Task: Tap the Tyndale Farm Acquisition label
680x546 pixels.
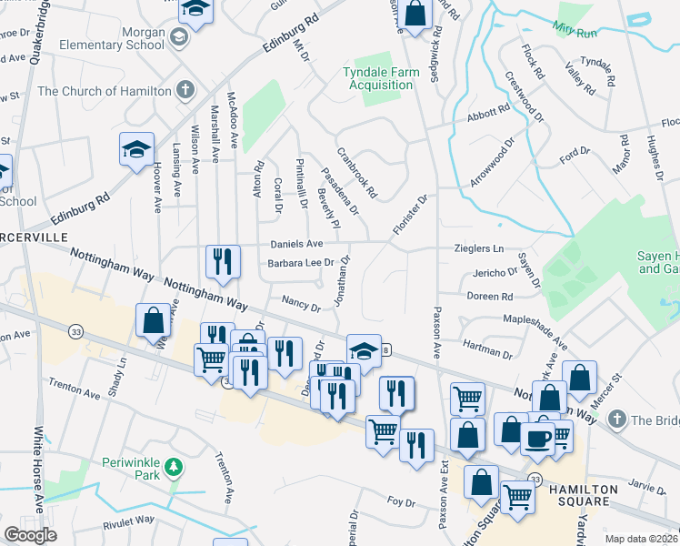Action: (x=377, y=78)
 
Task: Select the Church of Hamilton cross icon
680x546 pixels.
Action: (x=185, y=90)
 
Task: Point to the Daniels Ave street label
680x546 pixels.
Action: (x=296, y=245)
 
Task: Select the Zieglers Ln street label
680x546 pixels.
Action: (x=479, y=248)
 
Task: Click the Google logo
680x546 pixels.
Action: (x=31, y=534)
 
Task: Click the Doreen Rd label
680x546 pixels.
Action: (x=490, y=297)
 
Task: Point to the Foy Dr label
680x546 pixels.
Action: (x=401, y=501)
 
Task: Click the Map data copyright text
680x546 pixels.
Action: (x=640, y=539)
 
